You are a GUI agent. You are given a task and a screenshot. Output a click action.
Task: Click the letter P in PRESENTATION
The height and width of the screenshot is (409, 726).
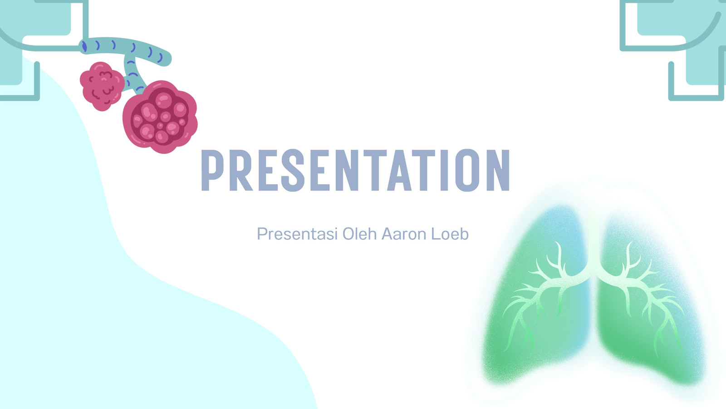[x=212, y=170]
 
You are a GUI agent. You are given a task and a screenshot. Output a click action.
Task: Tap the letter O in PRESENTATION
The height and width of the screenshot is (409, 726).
[x=467, y=170]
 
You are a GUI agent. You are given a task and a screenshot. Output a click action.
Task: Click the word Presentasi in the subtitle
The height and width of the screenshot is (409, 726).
[x=297, y=234]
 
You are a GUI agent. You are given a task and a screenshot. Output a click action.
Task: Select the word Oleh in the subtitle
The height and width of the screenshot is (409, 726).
[x=359, y=234]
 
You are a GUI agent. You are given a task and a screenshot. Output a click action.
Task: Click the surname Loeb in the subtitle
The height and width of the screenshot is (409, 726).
[x=450, y=234]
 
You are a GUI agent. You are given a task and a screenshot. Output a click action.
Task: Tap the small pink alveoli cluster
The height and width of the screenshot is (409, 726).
[x=102, y=86]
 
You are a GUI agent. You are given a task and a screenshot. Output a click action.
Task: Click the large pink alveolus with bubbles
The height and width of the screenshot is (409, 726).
[x=160, y=117]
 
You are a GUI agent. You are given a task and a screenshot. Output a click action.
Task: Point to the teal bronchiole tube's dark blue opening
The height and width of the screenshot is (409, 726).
[x=84, y=46]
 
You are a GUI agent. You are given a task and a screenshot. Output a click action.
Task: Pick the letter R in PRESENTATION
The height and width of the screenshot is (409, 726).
[x=240, y=170]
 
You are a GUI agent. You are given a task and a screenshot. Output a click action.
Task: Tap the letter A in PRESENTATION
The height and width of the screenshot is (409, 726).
[x=400, y=170]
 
